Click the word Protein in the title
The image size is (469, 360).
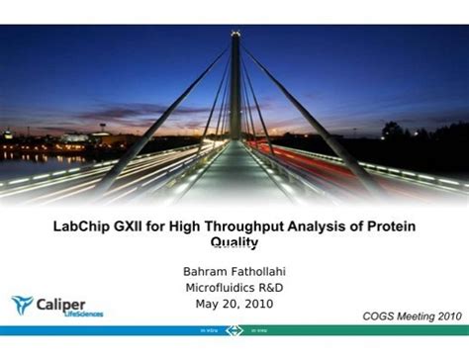coord(393,226)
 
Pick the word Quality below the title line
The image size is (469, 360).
coord(234,242)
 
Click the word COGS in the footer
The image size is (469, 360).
coord(380,315)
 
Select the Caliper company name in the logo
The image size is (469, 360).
coord(64,302)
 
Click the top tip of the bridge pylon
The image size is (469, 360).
coord(235,35)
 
